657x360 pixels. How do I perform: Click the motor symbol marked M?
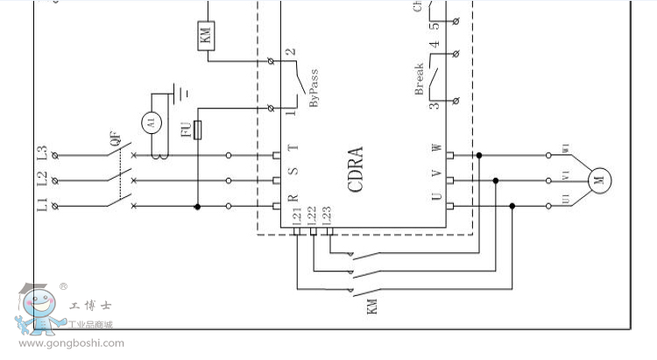point(599,180)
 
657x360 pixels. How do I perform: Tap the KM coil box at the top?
point(207,36)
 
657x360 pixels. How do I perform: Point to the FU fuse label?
point(187,131)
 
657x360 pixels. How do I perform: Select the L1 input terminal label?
point(40,206)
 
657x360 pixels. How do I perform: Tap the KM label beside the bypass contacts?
point(371,307)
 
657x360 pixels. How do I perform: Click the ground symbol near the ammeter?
point(182,91)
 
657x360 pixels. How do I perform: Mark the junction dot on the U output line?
point(512,207)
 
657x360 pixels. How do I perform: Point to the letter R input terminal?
point(294,199)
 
